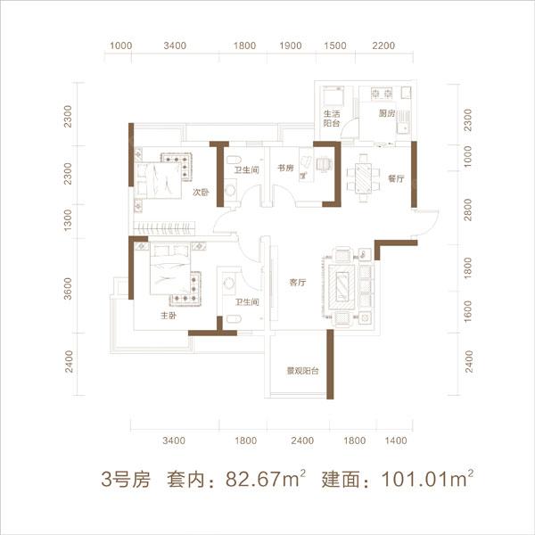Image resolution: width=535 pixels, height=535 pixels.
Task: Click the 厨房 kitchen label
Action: coord(385,114)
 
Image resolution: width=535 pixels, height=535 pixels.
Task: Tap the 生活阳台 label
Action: coord(333,119)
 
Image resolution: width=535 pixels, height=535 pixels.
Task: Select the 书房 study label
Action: coord(285,168)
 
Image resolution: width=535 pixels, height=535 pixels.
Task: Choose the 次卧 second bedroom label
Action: coord(199,191)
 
